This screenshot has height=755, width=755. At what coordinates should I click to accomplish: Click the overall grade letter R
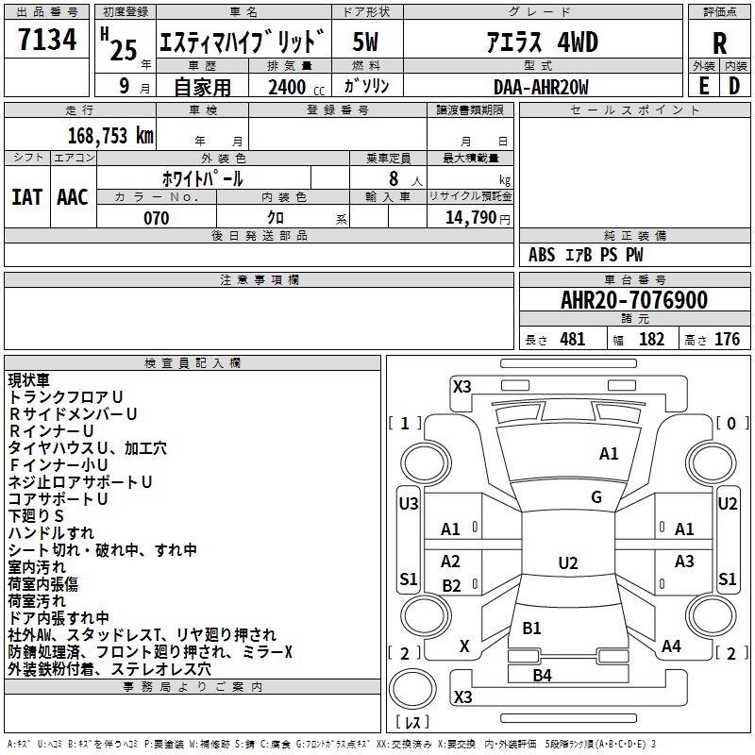719,42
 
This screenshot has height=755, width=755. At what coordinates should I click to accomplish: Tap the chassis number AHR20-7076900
634,300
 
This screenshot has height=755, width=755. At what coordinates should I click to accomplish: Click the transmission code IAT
27,196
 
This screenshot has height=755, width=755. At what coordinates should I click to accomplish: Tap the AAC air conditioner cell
72,196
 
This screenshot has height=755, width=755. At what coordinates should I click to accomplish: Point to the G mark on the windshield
596,497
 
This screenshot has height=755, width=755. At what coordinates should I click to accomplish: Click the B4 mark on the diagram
542,675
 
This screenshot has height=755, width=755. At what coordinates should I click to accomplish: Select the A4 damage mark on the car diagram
671,646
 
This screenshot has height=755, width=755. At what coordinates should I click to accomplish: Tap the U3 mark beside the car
409,504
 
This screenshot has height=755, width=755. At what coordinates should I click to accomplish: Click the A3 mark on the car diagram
684,562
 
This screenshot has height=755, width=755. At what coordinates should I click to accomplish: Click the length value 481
572,340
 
